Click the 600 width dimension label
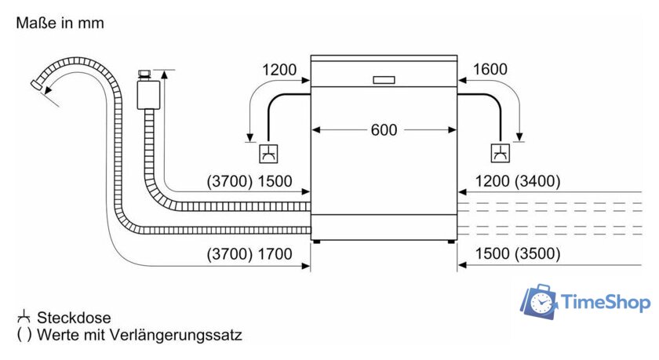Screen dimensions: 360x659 (384, 130)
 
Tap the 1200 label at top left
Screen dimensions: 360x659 (279, 70)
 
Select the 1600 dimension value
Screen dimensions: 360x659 (490, 70)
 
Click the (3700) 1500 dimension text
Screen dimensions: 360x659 (249, 181)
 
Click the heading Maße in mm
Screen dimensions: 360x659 (60, 24)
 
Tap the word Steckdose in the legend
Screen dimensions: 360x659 (75, 318)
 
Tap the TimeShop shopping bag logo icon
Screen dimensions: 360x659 (540, 302)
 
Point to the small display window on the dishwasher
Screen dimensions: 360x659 (384, 79)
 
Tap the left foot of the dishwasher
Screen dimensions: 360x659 (316, 242)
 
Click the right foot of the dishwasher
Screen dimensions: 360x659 (451, 242)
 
